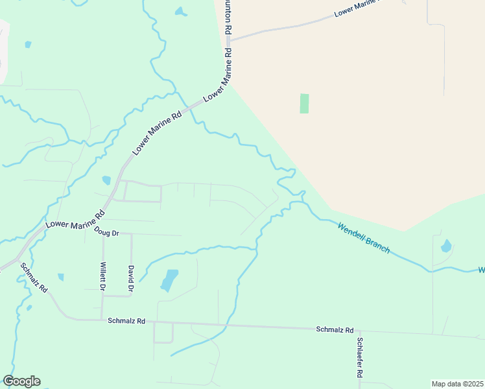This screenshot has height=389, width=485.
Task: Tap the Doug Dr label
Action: [x=107, y=231]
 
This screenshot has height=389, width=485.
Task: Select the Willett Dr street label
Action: [x=103, y=276]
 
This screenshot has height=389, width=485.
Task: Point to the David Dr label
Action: [x=131, y=277]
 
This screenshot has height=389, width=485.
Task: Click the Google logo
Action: [x=21, y=381]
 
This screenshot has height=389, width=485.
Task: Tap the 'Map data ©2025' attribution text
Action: [x=456, y=383]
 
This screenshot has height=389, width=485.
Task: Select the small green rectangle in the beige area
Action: [x=304, y=104]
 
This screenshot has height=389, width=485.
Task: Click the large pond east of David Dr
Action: [x=169, y=280]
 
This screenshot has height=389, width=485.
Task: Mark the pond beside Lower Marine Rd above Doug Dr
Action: [x=106, y=180]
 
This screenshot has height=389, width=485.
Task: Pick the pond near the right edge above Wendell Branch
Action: [x=446, y=246]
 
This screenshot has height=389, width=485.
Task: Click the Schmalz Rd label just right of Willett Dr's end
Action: [x=128, y=320]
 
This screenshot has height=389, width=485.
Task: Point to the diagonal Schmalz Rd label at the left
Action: [x=34, y=277]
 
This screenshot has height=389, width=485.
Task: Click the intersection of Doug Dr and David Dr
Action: [x=132, y=234]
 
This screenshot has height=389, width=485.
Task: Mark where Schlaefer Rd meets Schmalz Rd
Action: [x=359, y=330]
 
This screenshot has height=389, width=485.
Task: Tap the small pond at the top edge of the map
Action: [x=181, y=12]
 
